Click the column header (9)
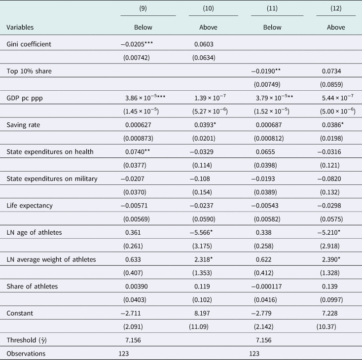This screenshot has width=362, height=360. pos(143,8)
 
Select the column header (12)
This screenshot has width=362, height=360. pos(336,8)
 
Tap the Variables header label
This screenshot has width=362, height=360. pos(20,27)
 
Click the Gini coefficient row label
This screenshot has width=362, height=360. pos(29,44)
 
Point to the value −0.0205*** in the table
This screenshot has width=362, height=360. pos(137,44)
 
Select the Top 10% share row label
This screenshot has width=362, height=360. pos(29,71)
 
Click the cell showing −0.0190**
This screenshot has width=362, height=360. pos(266,71)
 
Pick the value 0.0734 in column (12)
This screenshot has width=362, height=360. pos(331,71)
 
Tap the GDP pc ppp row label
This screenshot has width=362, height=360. pos(25,98)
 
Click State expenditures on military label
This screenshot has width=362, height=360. pos(52,179)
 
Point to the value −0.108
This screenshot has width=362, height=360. pos(200,179)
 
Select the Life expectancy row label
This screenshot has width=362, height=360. pos(30,206)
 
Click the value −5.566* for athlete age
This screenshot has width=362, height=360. pos(201,232)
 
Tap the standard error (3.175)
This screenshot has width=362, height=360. pos(202,246)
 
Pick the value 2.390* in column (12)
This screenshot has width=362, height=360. pos(331,259)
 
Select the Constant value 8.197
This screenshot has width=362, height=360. pos(202,313)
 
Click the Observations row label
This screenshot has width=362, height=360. pos(26,354)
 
